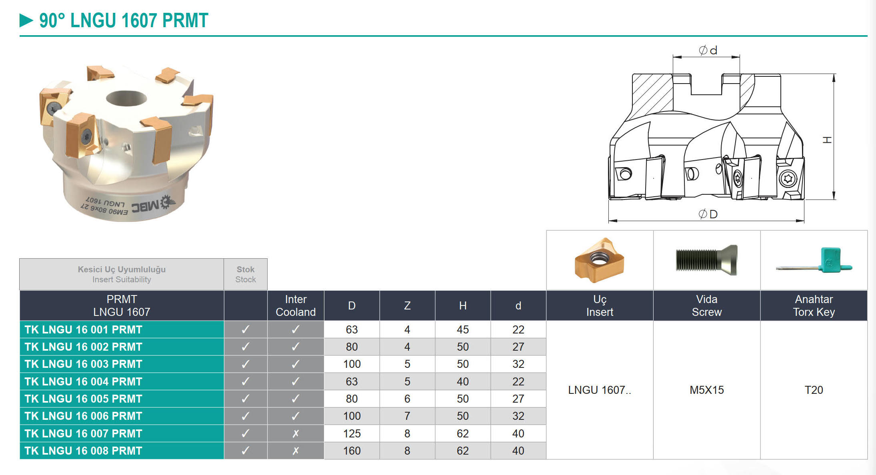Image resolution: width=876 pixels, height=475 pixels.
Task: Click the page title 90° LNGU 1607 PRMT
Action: tap(124, 20)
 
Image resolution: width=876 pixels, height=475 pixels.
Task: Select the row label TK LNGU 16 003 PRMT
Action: tap(83, 364)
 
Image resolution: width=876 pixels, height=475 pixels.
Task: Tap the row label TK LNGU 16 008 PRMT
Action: tap(83, 451)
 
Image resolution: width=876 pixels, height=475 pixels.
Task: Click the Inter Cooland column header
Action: tap(296, 305)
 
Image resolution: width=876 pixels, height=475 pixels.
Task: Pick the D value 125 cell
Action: tap(352, 433)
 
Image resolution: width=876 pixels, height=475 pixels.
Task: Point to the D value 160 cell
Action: tap(352, 451)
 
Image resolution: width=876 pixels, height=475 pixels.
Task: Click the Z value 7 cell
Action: tap(407, 416)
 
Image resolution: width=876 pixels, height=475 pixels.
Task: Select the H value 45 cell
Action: tap(463, 329)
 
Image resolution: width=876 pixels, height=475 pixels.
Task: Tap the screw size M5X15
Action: tap(707, 390)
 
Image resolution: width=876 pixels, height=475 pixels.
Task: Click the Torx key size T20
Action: tap(814, 390)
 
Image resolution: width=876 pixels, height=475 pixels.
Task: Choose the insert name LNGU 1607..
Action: tap(600, 390)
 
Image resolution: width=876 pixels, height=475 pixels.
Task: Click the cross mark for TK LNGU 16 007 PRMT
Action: tap(296, 433)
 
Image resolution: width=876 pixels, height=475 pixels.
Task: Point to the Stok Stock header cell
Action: tap(246, 274)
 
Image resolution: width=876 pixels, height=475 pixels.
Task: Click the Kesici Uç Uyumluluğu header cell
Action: tap(122, 274)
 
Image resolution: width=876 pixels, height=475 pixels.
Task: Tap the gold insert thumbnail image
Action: tap(599, 260)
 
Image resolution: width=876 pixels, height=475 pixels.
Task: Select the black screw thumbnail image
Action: tap(706, 260)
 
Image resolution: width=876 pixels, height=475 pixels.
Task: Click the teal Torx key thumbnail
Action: tap(814, 260)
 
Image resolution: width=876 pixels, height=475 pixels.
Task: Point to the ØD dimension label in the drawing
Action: tap(708, 214)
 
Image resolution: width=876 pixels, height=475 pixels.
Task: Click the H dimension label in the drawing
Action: tap(827, 140)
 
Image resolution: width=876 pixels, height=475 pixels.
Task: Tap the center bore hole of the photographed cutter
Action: tap(126, 98)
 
